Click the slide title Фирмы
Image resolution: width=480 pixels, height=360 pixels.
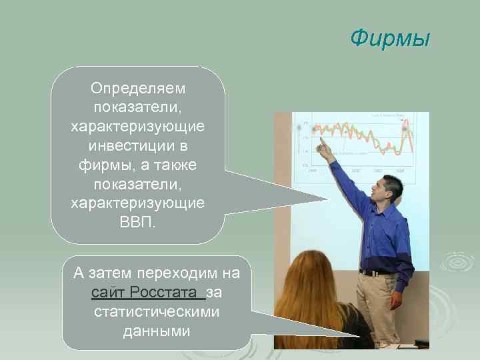pyautogui.click(x=390, y=38)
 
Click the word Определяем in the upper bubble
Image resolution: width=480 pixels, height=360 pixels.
pyautogui.click(x=139, y=88)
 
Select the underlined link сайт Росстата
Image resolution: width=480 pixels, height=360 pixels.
pyautogui.click(x=147, y=293)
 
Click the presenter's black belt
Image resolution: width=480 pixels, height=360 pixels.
pyautogui.click(x=377, y=272)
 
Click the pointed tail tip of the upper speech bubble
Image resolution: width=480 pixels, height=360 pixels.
pyautogui.click(x=328, y=198)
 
